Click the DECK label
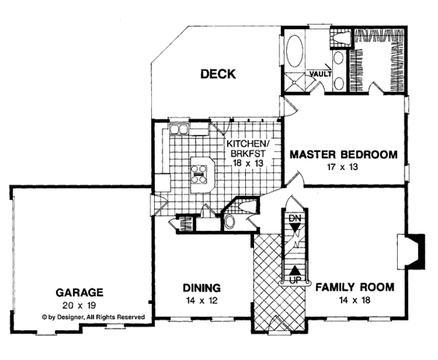pos(216,73)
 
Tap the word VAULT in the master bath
pos(320,74)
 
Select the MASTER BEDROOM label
pos(343,155)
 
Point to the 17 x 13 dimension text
pos(343,168)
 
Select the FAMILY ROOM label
pos(355,287)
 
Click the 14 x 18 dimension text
pos(355,300)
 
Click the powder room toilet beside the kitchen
pos(231,221)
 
